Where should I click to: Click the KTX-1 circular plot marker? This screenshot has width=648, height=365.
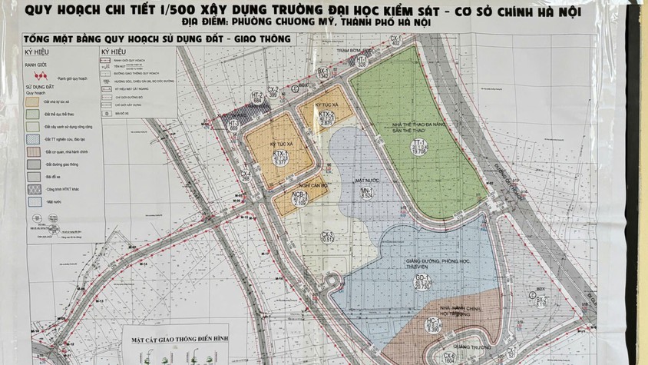coord(279,159)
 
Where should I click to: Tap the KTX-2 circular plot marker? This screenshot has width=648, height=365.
coord(326,118)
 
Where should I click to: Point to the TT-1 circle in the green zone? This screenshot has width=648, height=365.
coord(418,148)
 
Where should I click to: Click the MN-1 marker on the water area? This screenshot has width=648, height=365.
coord(367,193)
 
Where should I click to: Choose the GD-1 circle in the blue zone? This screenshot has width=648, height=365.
coord(421,282)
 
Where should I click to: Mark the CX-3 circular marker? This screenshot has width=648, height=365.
coord(328,237)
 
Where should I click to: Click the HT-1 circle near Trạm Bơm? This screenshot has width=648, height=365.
coord(362,62)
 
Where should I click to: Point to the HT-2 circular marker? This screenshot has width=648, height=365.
coord(258,98)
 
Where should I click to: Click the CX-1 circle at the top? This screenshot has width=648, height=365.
coord(396,41)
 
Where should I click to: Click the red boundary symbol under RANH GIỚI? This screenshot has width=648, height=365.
coord(38,76)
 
